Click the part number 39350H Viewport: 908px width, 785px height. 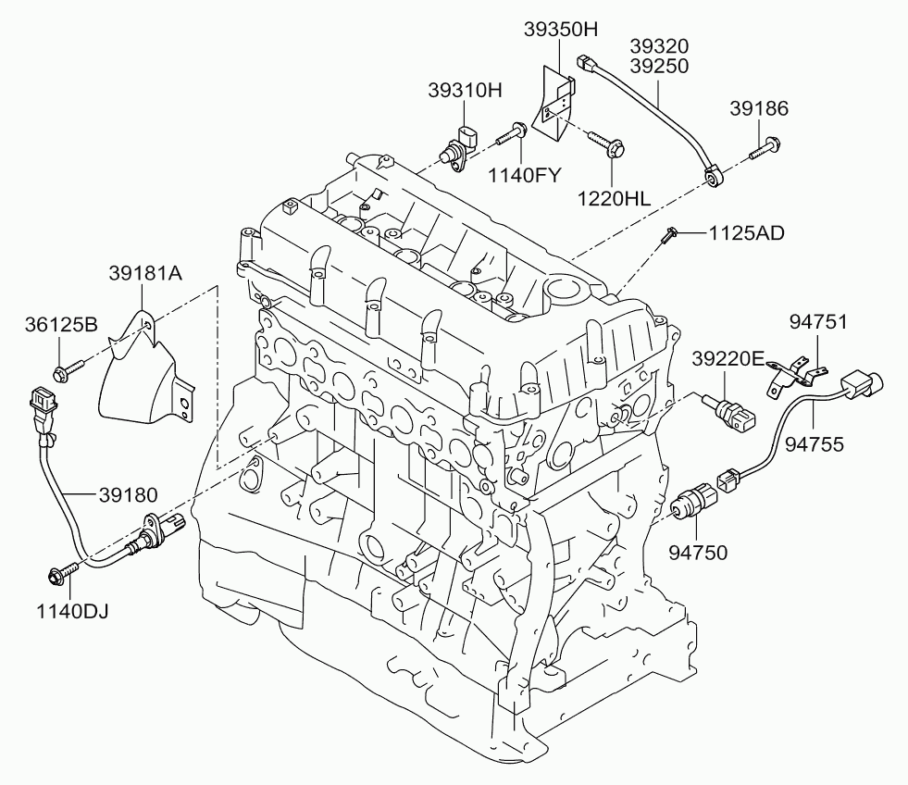pyautogui.click(x=561, y=30)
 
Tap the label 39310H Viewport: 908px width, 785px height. pyautogui.click(x=465, y=91)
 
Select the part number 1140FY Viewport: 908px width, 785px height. pyautogui.click(x=525, y=175)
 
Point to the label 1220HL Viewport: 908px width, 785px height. pyautogui.click(x=614, y=199)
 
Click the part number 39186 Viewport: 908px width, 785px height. pyautogui.click(x=759, y=108)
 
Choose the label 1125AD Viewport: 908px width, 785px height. pyautogui.click(x=747, y=233)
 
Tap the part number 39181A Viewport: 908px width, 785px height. pyautogui.click(x=145, y=273)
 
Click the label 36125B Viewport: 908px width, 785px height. pyautogui.click(x=61, y=324)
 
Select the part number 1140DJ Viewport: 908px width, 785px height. pyautogui.click(x=72, y=611)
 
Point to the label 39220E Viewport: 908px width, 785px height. pyautogui.click(x=728, y=359)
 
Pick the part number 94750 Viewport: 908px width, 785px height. pyautogui.click(x=698, y=553)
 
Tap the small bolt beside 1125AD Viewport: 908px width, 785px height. pyautogui.click(x=669, y=235)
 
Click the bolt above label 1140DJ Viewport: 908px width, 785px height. pyautogui.click(x=62, y=572)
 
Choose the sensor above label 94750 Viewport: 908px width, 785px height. pyautogui.click(x=694, y=499)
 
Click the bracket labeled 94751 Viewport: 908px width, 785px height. pyautogui.click(x=796, y=374)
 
